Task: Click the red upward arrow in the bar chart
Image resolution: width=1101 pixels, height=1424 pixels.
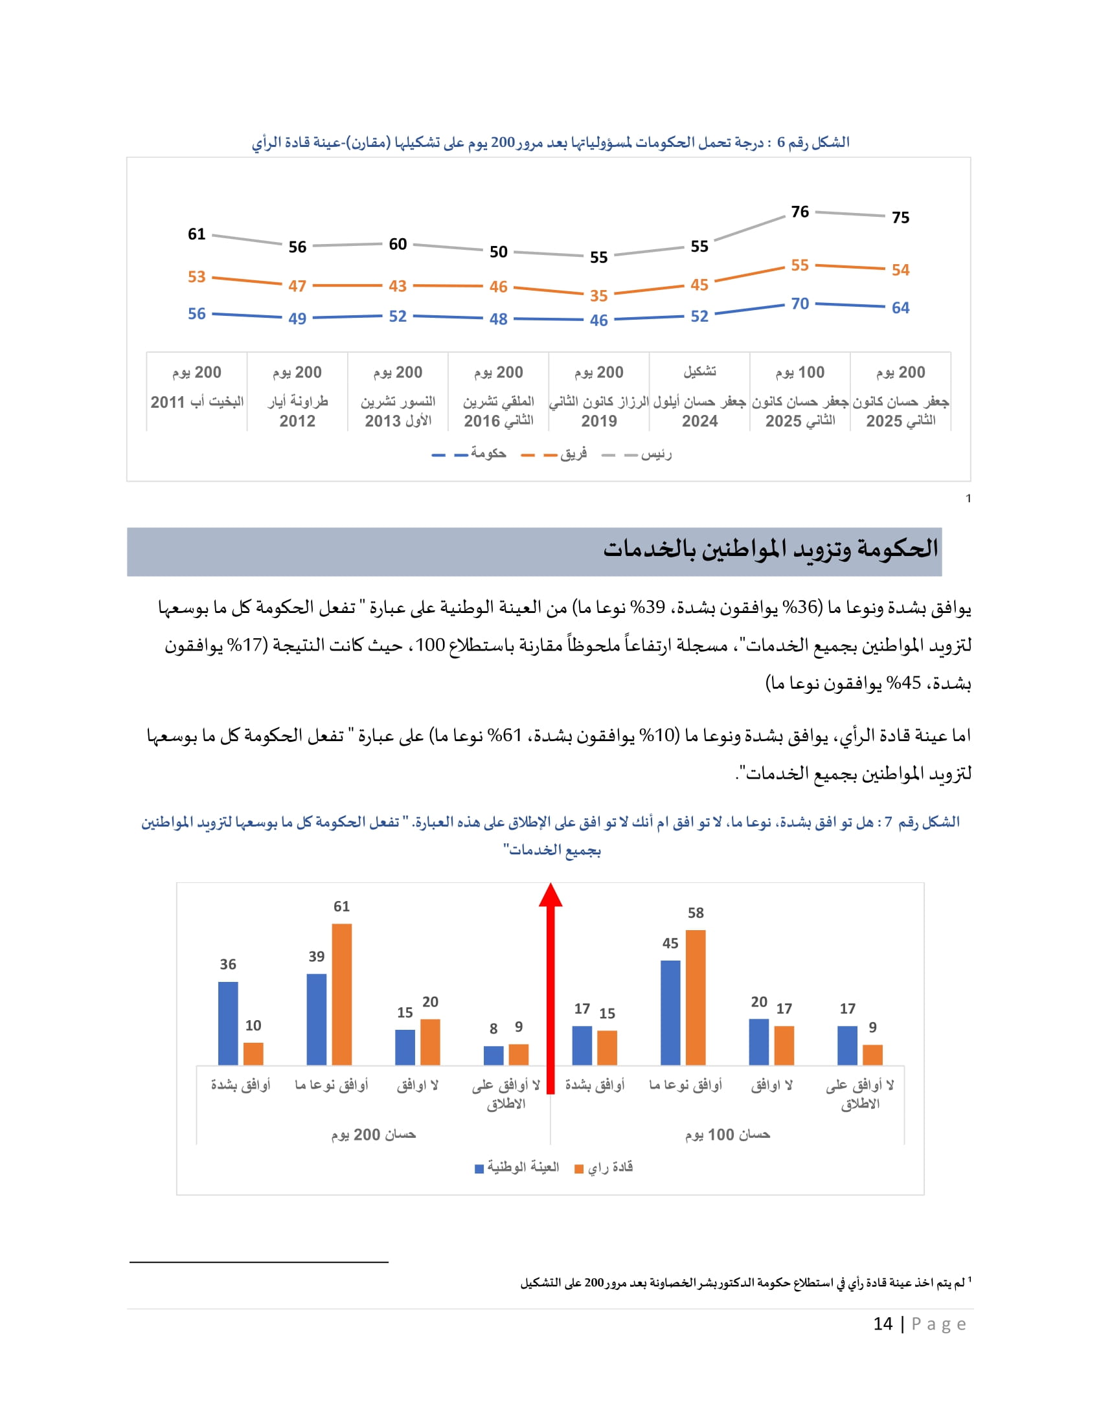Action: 550,988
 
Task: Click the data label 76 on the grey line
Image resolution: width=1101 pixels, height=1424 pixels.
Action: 800,212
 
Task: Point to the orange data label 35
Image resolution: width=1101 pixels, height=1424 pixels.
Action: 599,296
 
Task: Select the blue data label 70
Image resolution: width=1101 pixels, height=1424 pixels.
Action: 800,304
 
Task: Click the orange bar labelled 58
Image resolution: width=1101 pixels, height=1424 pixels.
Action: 696,997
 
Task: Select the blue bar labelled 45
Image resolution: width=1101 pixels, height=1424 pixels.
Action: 670,1013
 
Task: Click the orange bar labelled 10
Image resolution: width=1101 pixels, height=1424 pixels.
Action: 253,1054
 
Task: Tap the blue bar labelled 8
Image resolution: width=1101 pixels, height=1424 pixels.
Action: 494,1056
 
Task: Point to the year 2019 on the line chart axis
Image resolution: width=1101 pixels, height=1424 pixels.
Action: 599,421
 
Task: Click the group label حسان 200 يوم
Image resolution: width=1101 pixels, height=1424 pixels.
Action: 373,1135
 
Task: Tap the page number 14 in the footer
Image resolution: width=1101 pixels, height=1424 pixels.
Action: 883,1324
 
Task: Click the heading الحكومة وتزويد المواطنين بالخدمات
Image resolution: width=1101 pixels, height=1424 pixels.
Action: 769,549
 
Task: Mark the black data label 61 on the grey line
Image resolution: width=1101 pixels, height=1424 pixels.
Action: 196,234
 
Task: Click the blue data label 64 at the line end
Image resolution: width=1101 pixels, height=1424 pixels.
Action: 900,307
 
